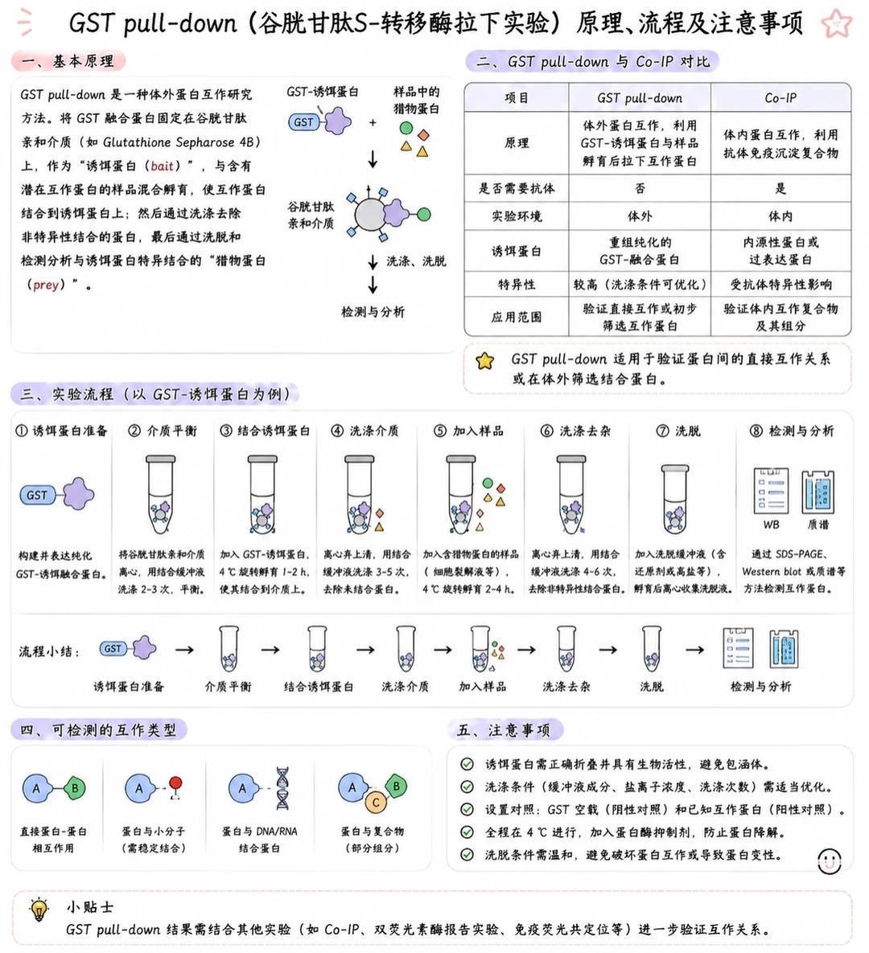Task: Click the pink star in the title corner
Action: click(836, 23)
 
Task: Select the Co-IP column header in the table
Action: click(780, 98)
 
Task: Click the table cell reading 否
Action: click(640, 188)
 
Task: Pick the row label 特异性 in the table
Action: click(517, 285)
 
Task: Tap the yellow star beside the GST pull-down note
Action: click(484, 361)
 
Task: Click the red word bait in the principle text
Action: click(162, 166)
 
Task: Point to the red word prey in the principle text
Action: click(46, 285)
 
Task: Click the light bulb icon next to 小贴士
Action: click(39, 910)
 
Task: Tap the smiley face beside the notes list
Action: click(829, 861)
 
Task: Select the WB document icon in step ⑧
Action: click(771, 491)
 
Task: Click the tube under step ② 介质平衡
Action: click(161, 495)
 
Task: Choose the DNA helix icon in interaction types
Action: click(282, 788)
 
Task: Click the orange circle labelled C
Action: click(376, 803)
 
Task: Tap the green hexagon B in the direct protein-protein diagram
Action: click(75, 788)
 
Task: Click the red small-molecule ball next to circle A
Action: click(175, 783)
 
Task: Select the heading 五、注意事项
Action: click(504, 730)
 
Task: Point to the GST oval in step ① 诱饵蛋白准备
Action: click(37, 495)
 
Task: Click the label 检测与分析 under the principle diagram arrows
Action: click(373, 312)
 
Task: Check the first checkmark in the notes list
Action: click(467, 764)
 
